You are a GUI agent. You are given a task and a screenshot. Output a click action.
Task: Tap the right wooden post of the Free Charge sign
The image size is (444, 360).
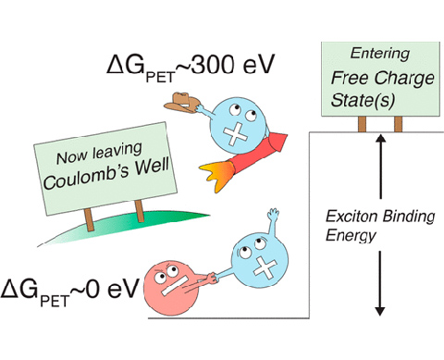click(x=399, y=124)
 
